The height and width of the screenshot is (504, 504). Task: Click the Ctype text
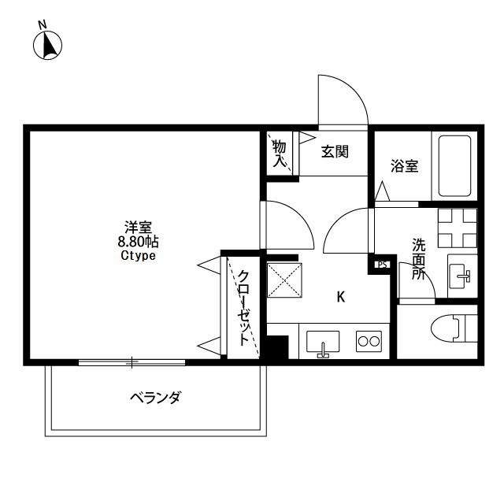point(138,256)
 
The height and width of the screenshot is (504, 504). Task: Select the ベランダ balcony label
point(154,398)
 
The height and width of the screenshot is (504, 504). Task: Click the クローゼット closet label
point(245,309)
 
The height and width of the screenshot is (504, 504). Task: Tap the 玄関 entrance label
point(334,152)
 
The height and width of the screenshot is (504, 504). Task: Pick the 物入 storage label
point(279,153)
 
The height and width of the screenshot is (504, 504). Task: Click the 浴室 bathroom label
point(405,166)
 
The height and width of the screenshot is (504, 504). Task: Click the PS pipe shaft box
point(382,265)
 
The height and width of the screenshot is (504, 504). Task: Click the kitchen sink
point(322,342)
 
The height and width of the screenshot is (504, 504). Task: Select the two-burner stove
point(369,341)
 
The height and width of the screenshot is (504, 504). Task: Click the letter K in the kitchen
point(341,297)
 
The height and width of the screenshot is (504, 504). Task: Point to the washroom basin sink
point(461,276)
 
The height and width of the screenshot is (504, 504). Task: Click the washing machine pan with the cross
point(458,228)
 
